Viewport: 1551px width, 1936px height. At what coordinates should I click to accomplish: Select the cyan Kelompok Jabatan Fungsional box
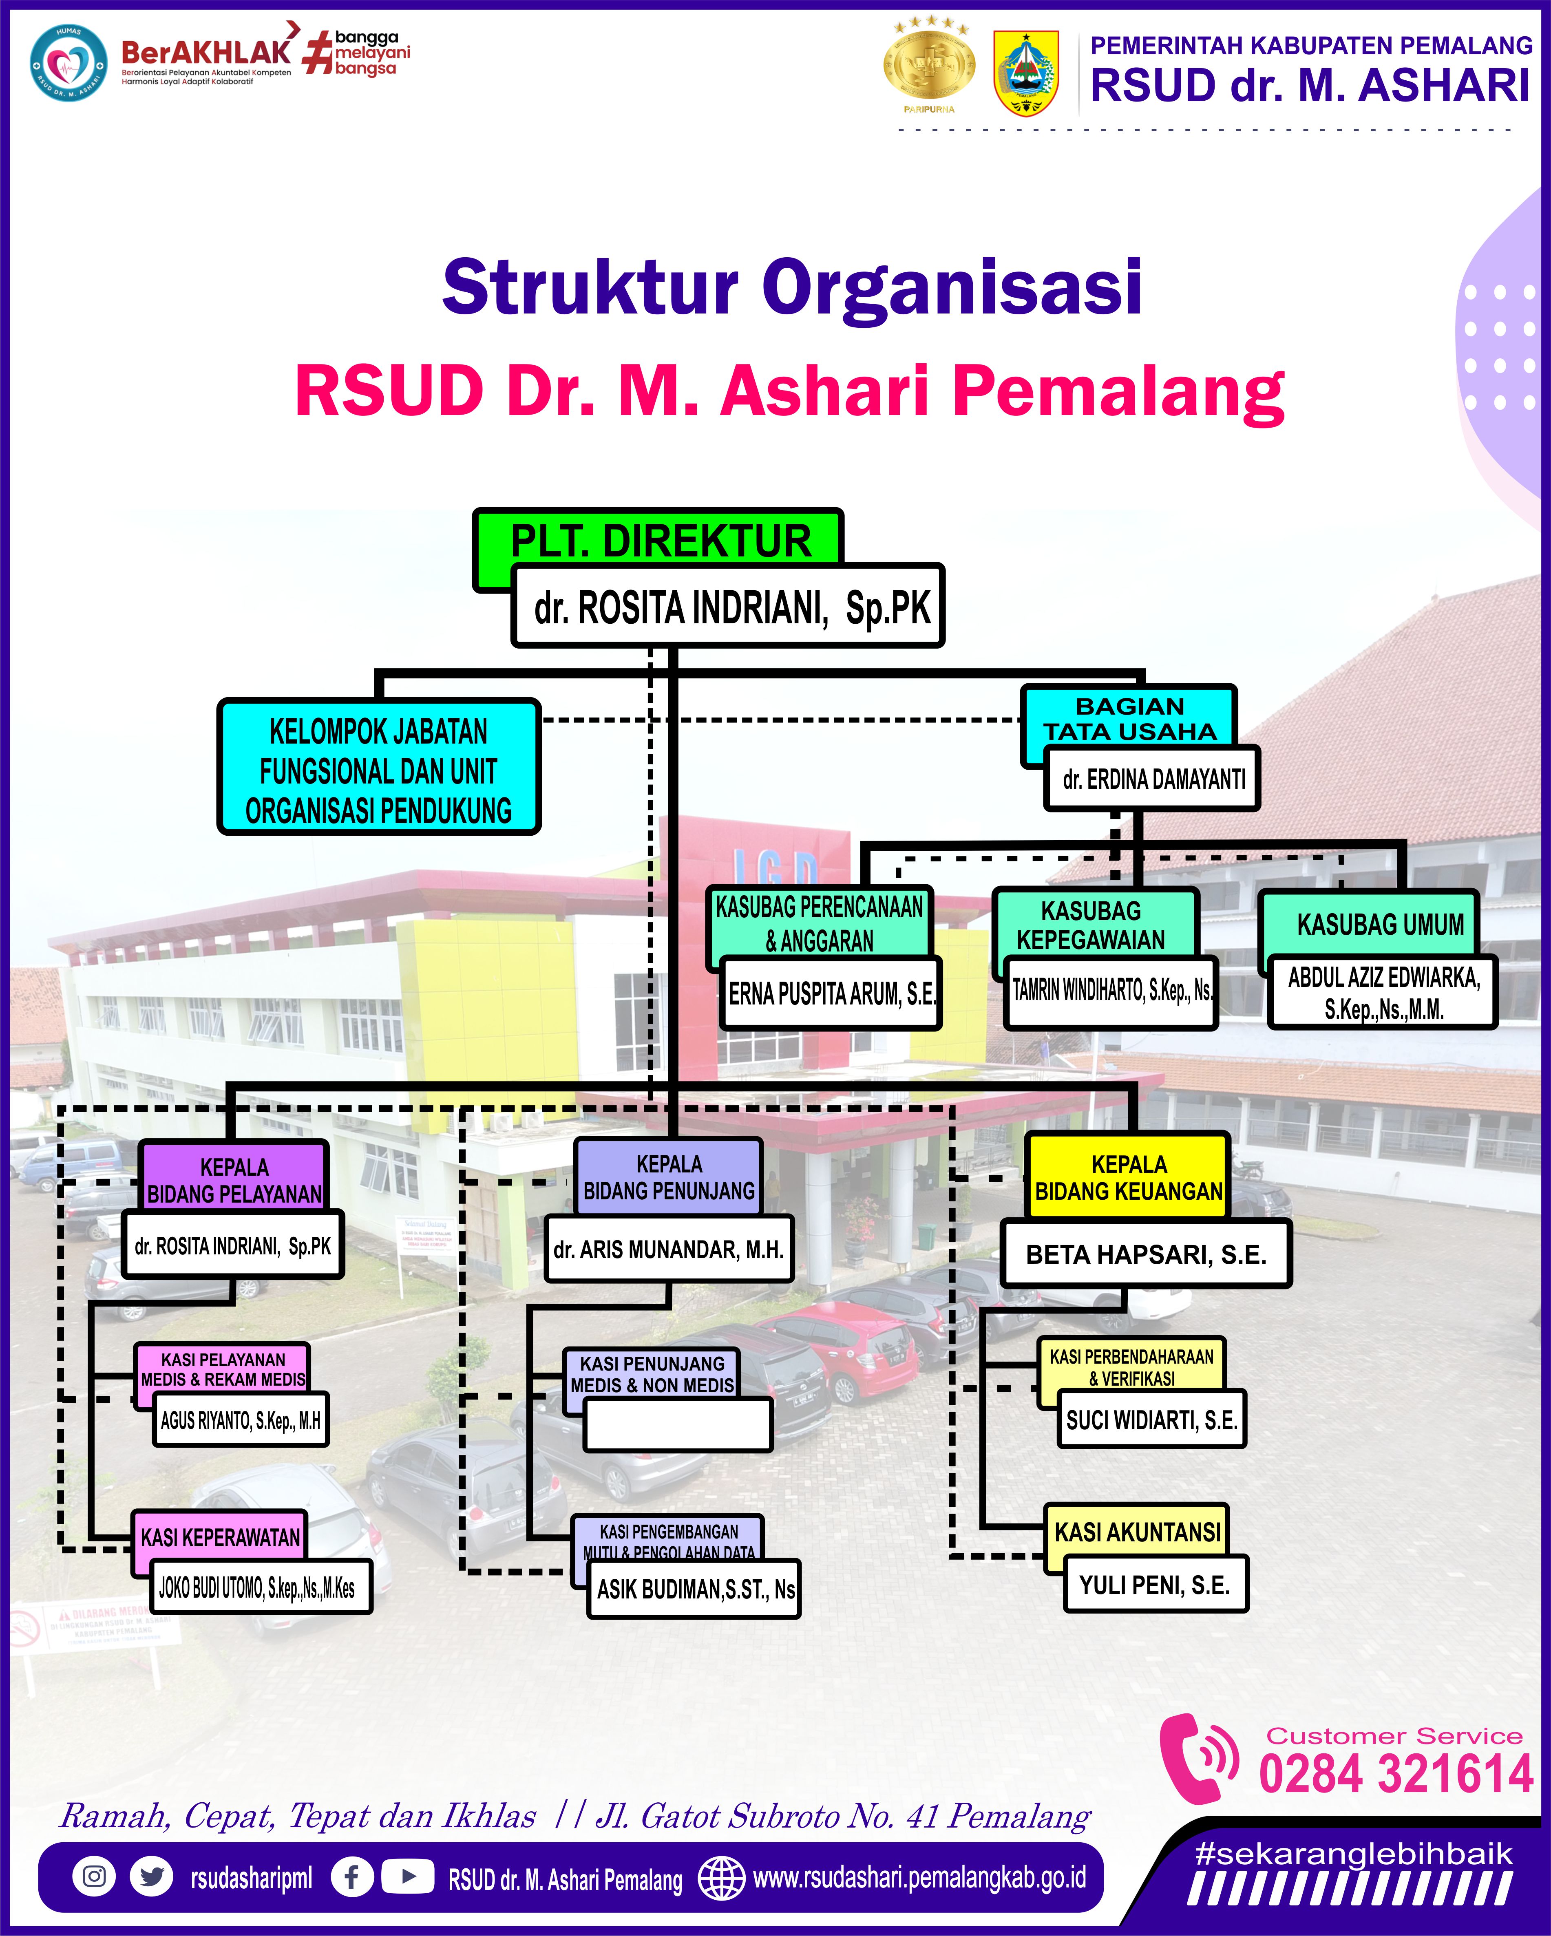[378, 769]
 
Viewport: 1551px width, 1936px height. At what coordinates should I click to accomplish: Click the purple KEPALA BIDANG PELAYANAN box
[234, 1179]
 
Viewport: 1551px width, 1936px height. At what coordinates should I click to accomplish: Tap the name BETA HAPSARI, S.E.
[1146, 1254]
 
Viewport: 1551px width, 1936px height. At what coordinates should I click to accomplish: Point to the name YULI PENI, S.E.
[1155, 1585]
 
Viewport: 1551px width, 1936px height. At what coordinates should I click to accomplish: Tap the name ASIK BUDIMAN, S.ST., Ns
[694, 1589]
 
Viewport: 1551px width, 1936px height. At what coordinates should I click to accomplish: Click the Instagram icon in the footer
[94, 1877]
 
